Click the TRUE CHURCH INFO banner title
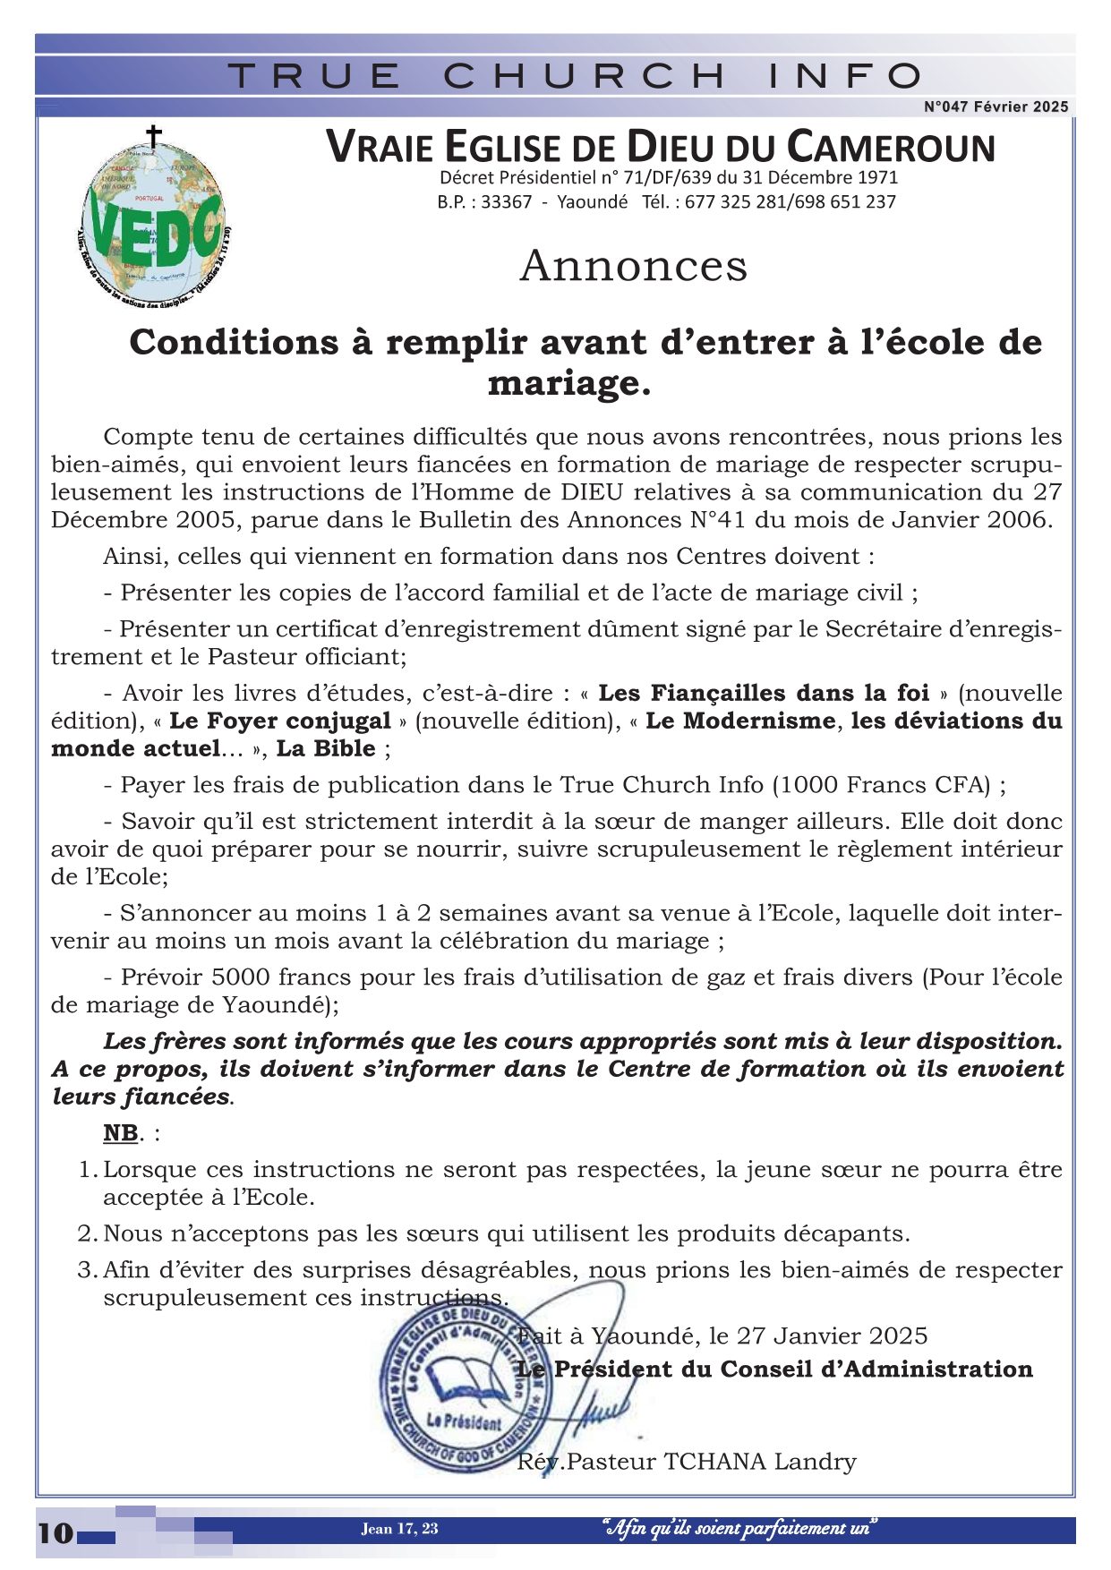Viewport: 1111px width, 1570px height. point(574,76)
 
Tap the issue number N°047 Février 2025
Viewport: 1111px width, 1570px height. point(996,107)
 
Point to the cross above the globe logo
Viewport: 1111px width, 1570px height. point(154,137)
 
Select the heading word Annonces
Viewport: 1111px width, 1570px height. point(633,266)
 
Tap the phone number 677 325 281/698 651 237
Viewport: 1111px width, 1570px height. point(791,202)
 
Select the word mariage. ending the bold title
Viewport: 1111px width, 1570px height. point(568,383)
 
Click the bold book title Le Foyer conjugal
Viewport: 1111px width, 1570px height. point(280,721)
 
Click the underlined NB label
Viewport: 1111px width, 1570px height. point(120,1132)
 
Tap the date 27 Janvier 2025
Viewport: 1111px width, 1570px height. point(832,1335)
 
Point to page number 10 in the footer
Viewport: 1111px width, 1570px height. point(56,1532)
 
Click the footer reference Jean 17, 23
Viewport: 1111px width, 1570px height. point(399,1528)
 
